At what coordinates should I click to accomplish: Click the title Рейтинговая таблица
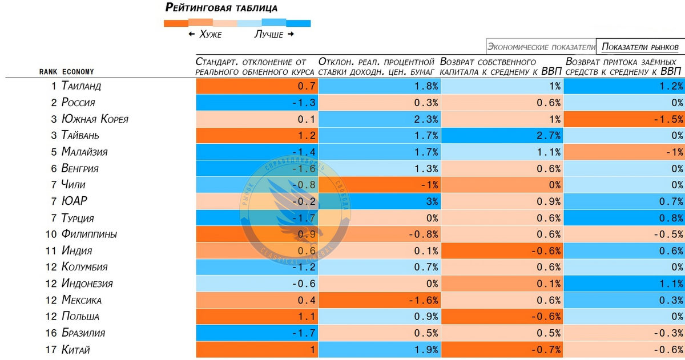[x=221, y=8]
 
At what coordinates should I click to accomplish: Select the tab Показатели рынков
[x=640, y=47]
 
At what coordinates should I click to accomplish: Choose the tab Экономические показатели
[x=541, y=47]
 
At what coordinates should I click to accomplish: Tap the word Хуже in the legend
[x=210, y=35]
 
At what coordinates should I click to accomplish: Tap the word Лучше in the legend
[x=268, y=35]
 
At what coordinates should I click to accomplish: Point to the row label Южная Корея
[x=95, y=119]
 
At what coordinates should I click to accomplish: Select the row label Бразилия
[x=84, y=333]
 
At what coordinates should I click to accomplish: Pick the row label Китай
[x=76, y=350]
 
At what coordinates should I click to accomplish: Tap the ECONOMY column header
[x=78, y=72]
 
